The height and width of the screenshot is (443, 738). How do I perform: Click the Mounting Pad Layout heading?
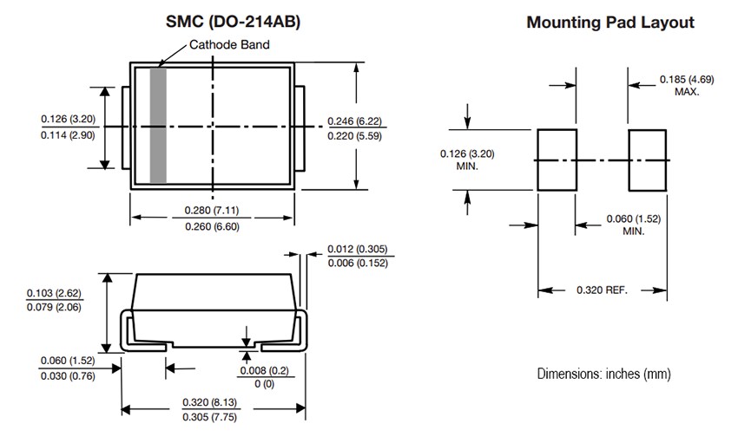click(610, 23)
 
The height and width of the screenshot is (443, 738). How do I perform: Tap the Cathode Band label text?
click(229, 45)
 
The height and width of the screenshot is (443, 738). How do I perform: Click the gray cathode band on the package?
click(158, 127)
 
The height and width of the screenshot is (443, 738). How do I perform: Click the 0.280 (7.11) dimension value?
click(213, 210)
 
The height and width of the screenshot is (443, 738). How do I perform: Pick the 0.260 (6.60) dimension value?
click(213, 226)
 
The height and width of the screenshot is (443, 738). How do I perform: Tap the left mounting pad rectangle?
click(557, 160)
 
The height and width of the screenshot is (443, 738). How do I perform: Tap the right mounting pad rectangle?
click(647, 160)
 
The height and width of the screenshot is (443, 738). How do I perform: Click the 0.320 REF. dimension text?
click(602, 289)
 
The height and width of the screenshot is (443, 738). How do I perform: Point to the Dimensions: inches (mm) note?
click(603, 374)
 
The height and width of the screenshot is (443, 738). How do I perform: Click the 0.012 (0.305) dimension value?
click(356, 251)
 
